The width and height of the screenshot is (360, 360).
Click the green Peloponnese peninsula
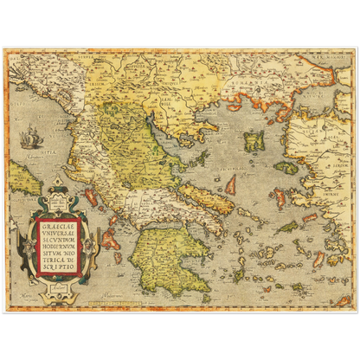pos(173,256)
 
